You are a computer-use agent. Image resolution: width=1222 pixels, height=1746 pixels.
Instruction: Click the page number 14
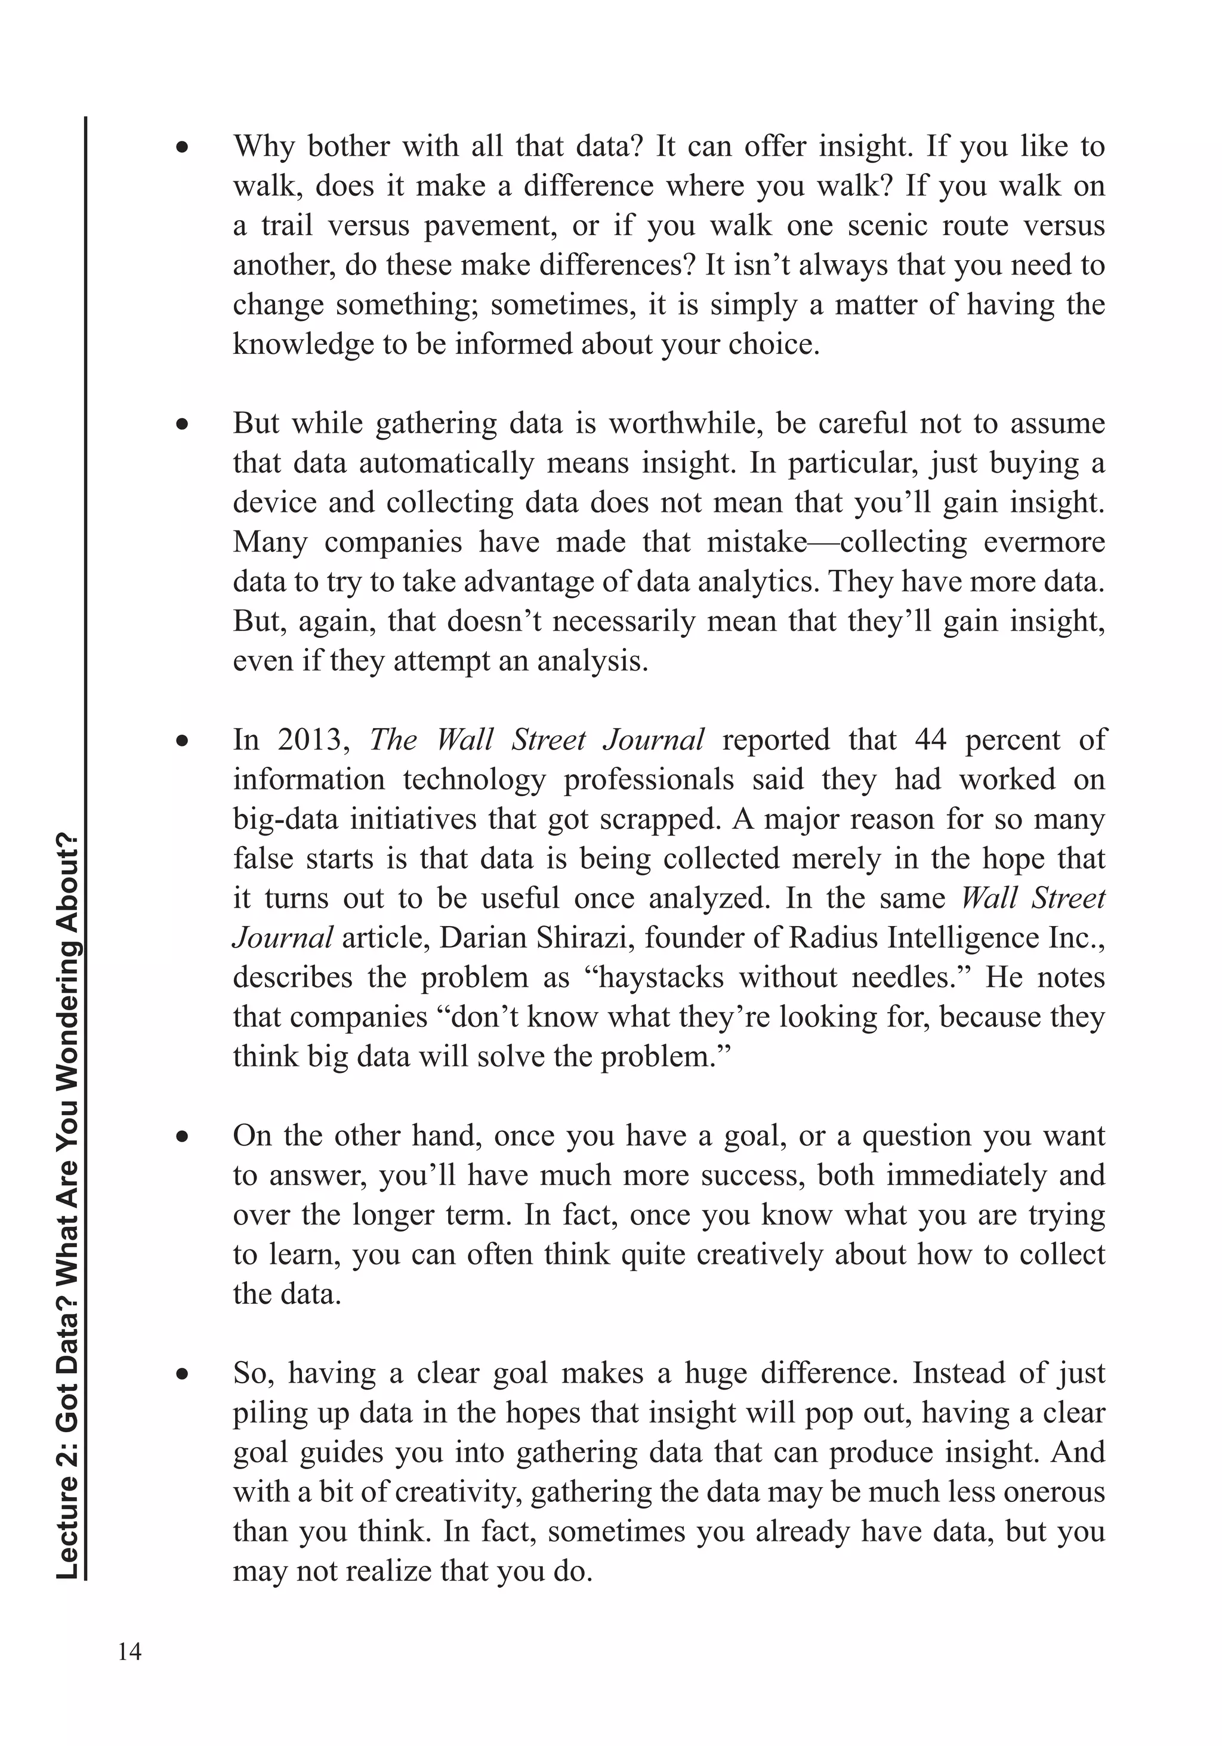tap(130, 1652)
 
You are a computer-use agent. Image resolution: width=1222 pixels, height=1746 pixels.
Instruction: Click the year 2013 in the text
tap(313, 740)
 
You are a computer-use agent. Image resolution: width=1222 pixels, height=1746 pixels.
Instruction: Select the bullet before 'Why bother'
tap(182, 147)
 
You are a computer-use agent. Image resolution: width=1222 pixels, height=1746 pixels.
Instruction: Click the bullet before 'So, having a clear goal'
tap(182, 1374)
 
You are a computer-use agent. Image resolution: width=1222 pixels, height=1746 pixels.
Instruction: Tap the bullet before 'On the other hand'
tap(182, 1137)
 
